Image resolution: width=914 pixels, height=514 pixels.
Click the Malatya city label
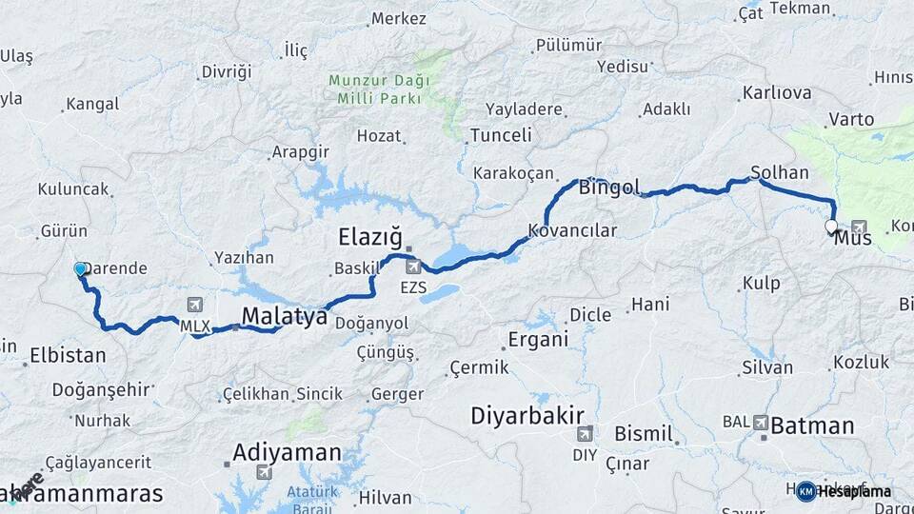click(x=284, y=316)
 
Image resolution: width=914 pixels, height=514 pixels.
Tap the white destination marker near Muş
click(x=831, y=227)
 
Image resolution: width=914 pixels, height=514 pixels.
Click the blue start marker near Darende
click(x=80, y=269)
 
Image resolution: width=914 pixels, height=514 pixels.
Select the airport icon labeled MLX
click(x=195, y=305)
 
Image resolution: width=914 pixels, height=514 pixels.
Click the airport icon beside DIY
click(x=585, y=434)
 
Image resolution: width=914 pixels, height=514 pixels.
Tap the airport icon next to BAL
click(x=761, y=421)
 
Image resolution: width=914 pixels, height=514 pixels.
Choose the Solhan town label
click(x=780, y=173)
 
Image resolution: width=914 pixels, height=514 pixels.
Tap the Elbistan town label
click(x=67, y=356)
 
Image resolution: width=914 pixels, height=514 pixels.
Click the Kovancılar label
click(x=573, y=230)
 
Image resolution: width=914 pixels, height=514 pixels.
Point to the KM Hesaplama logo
click(x=844, y=491)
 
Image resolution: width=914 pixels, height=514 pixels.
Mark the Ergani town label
click(x=538, y=339)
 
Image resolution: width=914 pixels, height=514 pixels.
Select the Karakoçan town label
click(x=513, y=173)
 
